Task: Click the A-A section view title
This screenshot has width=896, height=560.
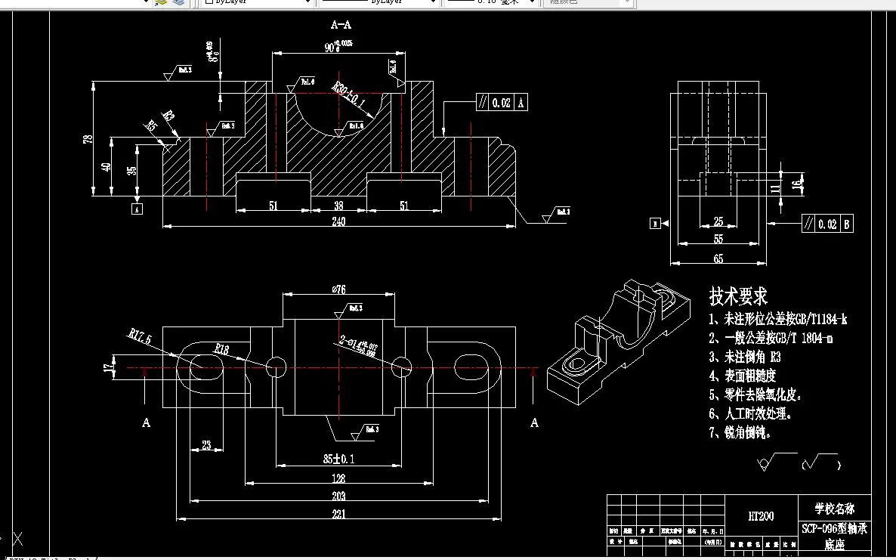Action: [341, 25]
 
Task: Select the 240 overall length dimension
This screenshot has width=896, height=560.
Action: [339, 221]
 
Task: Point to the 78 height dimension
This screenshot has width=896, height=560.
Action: [88, 138]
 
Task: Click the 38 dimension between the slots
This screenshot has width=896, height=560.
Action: [338, 206]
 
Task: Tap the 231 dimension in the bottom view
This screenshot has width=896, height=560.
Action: [338, 515]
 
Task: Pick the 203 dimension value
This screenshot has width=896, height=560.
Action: [338, 496]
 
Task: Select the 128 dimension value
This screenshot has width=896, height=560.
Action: [338, 478]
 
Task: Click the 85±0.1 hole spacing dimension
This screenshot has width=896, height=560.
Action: [338, 459]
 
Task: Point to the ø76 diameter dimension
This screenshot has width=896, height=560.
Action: [339, 289]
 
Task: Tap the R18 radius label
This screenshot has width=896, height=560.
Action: [221, 349]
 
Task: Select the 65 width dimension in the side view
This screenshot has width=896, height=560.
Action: [718, 258]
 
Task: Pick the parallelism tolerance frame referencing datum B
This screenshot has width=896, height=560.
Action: [827, 224]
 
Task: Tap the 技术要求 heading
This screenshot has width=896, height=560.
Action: [738, 295]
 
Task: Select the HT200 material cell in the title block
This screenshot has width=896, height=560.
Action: [760, 517]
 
